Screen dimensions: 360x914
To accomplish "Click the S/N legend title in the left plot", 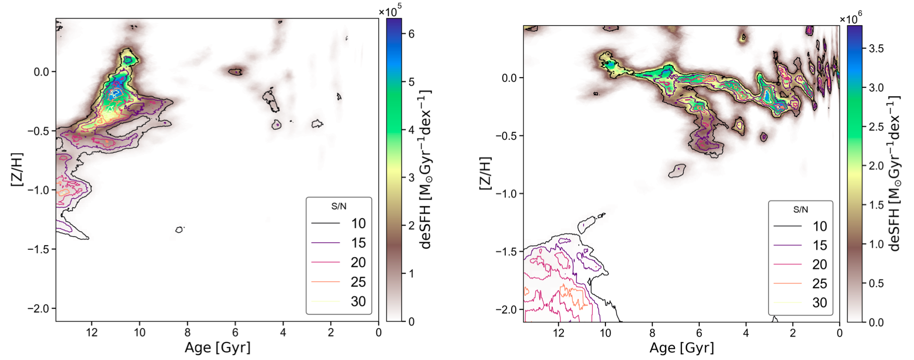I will (x=339, y=206).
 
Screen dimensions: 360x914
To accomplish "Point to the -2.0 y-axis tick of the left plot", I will (x=39, y=308).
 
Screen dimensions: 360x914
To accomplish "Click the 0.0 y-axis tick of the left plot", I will (x=41, y=72).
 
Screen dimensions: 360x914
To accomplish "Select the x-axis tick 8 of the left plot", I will (x=187, y=332).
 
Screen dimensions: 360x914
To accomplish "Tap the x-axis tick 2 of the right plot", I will (x=793, y=333).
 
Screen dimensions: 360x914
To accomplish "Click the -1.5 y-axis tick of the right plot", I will (x=507, y=251).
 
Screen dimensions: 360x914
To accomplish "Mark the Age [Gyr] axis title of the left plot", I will (x=217, y=347).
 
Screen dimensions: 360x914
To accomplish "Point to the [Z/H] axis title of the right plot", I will (x=485, y=173).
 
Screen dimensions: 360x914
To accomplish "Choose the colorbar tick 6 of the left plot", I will (x=411, y=34).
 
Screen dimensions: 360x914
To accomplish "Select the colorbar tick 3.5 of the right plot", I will (x=876, y=49).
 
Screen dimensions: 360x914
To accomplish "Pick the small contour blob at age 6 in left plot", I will (x=235, y=72).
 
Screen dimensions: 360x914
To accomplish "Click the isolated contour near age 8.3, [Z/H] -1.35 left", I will (x=179, y=230).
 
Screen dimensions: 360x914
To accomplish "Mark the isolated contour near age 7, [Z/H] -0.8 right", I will (x=677, y=170).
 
